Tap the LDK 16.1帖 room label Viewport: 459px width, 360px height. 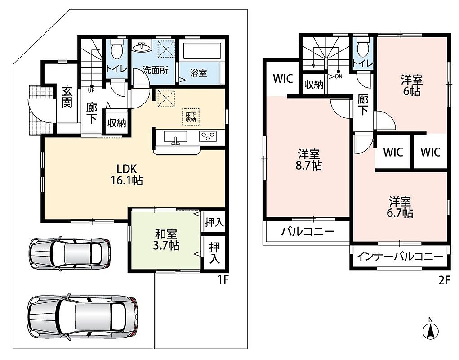pyautogui.click(x=126, y=175)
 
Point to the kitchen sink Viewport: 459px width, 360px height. pyautogui.click(x=176, y=137)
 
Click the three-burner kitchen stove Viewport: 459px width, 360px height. pyautogui.click(x=208, y=136)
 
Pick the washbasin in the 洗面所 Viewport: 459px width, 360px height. pyautogui.click(x=142, y=46)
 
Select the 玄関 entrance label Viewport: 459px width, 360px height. pyautogui.click(x=67, y=97)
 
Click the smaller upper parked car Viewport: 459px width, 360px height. pyautogui.click(x=70, y=252)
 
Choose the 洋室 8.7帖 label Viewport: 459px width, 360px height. pyautogui.click(x=309, y=160)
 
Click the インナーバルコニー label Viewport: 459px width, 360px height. pyautogui.click(x=400, y=257)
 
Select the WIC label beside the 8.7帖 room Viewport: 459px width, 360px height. pyautogui.click(x=283, y=78)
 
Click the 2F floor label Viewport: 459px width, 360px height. pyautogui.click(x=444, y=280)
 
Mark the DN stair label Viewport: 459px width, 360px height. pyautogui.click(x=339, y=77)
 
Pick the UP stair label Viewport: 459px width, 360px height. pyautogui.click(x=91, y=90)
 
